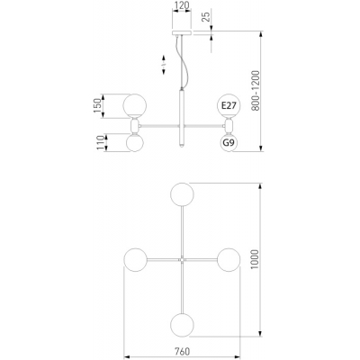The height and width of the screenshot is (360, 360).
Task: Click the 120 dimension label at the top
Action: point(182,5)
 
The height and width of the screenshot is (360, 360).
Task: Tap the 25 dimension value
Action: point(205,15)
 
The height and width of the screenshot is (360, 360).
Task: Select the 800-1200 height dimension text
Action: point(256,91)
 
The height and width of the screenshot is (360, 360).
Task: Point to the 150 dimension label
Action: point(97,105)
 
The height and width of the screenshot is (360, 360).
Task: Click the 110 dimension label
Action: point(100,143)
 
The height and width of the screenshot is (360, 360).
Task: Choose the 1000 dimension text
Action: point(255,260)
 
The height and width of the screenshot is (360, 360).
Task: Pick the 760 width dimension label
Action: point(182,351)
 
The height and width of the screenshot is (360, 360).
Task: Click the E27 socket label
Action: point(229,105)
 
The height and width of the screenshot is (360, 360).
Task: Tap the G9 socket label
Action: point(229,143)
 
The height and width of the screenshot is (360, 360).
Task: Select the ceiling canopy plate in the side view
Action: point(182,32)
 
